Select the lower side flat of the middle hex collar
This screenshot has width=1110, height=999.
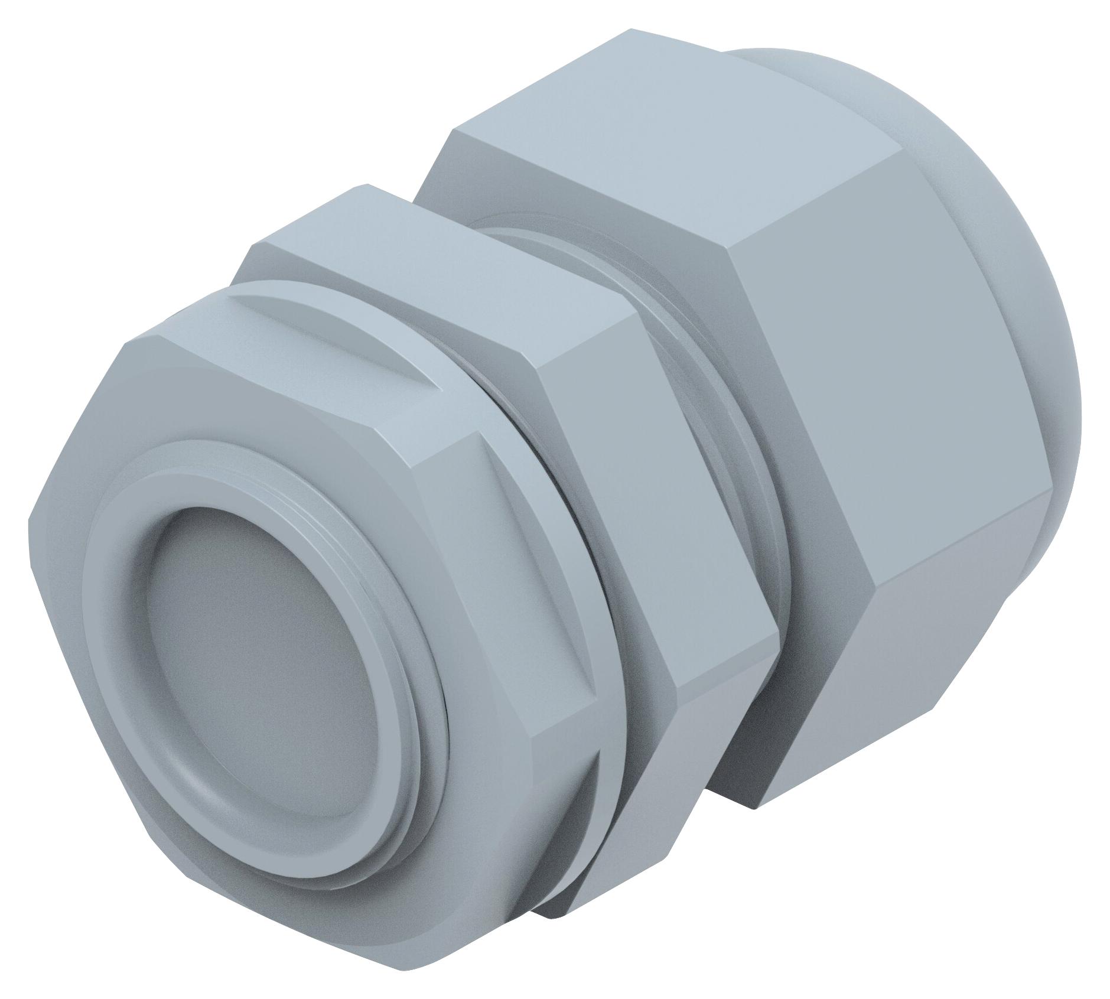pyautogui.click(x=638, y=786)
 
